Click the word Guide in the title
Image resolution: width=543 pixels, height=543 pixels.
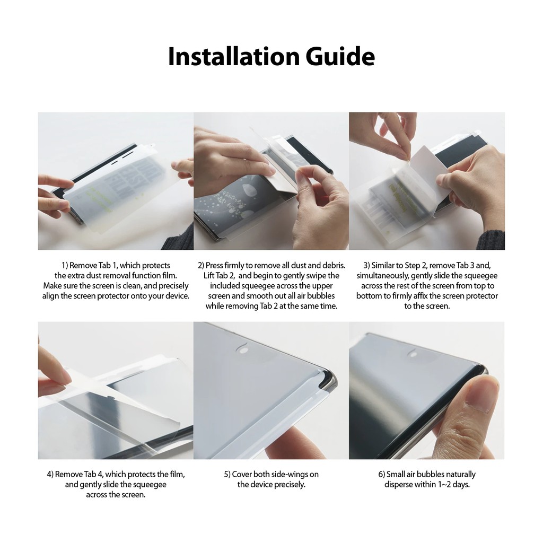(x=340, y=56)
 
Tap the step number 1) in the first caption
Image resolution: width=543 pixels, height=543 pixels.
(x=65, y=266)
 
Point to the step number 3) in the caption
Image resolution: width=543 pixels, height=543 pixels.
(x=367, y=266)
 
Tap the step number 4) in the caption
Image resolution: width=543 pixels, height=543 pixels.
(x=50, y=475)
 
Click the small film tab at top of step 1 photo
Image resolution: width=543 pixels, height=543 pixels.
(x=150, y=146)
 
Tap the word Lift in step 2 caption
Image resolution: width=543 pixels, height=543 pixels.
(x=209, y=276)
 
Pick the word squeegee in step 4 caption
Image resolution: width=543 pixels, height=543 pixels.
(x=148, y=485)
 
